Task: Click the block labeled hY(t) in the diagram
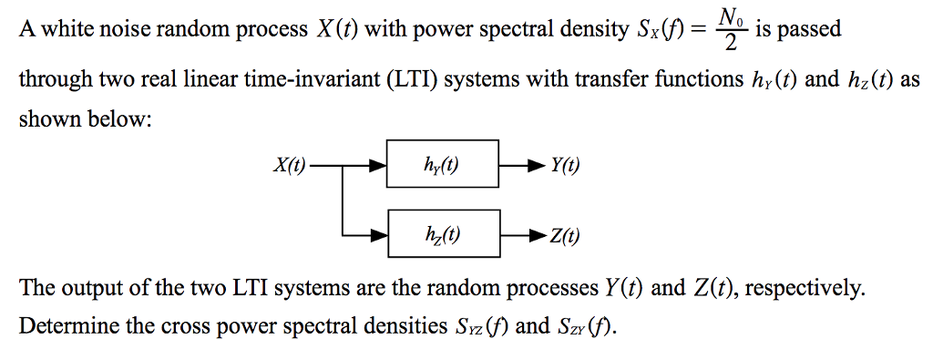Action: pyautogui.click(x=443, y=165)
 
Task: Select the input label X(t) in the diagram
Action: pyautogui.click(x=289, y=166)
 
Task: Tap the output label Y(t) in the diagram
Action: pyautogui.click(x=565, y=166)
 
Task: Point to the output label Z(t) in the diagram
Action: pyautogui.click(x=565, y=237)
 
